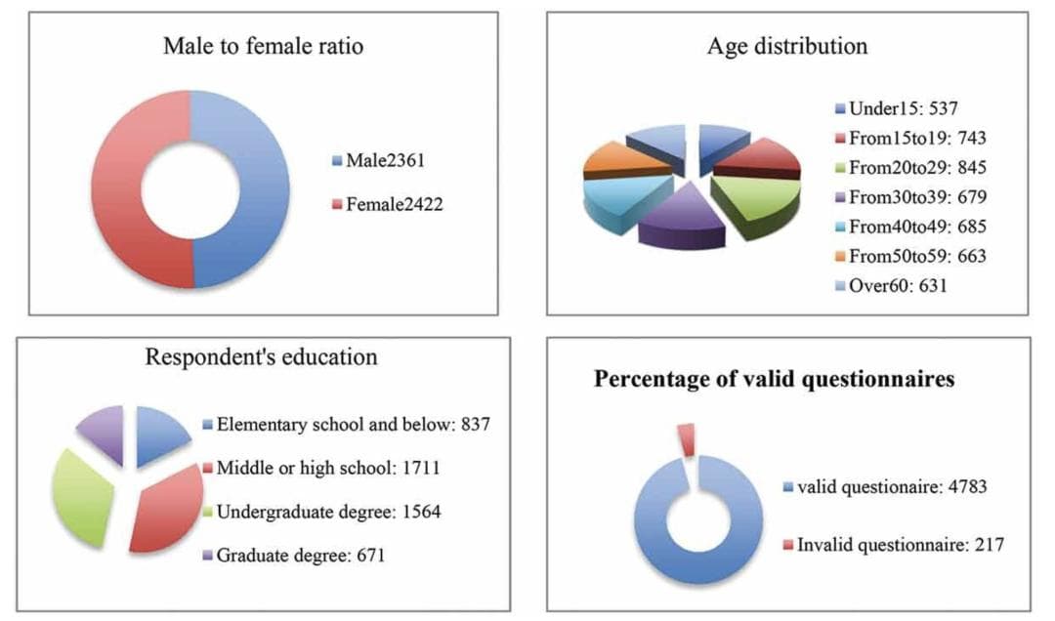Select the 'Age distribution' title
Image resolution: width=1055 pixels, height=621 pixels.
point(786,46)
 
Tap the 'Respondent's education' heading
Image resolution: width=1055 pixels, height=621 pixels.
point(261,357)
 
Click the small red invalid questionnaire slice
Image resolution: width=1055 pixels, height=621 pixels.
point(687,438)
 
